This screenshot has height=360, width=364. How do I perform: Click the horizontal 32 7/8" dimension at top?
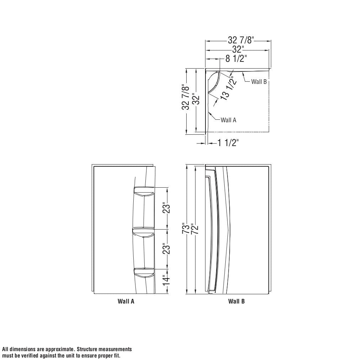(241, 40)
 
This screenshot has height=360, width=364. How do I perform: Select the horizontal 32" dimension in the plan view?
(238, 49)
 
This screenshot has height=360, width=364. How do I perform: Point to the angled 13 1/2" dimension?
(229, 88)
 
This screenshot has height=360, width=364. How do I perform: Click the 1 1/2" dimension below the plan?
(228, 143)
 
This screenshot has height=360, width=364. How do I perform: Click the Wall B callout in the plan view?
(259, 82)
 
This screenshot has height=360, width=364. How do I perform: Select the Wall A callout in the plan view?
(228, 120)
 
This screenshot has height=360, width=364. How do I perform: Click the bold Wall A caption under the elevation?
(126, 301)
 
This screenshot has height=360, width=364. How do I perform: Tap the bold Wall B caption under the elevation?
(236, 301)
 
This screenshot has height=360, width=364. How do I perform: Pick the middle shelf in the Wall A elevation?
(143, 232)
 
